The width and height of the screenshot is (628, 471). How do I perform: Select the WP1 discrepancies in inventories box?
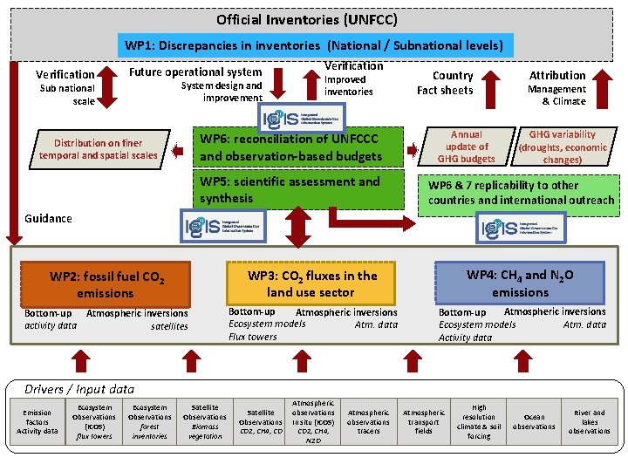(x=314, y=45)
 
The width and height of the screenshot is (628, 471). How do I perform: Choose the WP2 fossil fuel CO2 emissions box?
(x=106, y=284)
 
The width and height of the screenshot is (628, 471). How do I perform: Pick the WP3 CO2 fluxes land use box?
(x=311, y=283)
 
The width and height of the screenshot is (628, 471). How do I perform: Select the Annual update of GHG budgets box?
(x=466, y=147)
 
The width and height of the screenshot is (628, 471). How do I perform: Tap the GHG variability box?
(x=563, y=147)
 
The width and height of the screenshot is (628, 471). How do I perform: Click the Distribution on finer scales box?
(x=99, y=149)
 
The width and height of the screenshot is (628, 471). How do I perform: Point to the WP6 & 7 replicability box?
(x=521, y=193)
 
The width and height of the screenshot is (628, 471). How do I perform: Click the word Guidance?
(x=49, y=218)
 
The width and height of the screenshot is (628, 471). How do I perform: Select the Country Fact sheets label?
(x=446, y=82)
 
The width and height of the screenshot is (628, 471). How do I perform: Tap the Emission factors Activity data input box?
(x=37, y=421)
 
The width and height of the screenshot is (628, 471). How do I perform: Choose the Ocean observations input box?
(x=534, y=421)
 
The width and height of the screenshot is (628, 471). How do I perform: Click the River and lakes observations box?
(x=590, y=421)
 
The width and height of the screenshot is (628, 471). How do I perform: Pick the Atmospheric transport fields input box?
(x=423, y=421)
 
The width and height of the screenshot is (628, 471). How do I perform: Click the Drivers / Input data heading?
(x=79, y=389)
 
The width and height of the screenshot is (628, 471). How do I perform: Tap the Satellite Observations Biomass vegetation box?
(x=205, y=421)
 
